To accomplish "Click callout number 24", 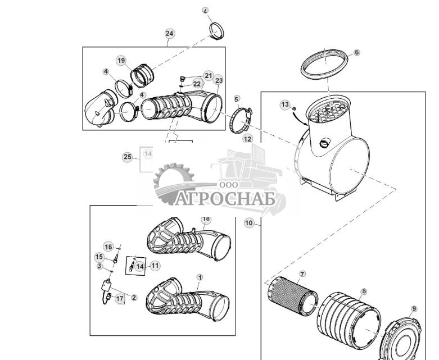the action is pyautogui.click(x=169, y=34).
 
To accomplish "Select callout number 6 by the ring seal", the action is pyautogui.click(x=356, y=53).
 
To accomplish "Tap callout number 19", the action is pyautogui.click(x=121, y=61).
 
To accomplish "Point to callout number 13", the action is pyautogui.click(x=285, y=104).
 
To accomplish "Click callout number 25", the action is pyautogui.click(x=128, y=157).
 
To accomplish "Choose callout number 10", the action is pyautogui.click(x=248, y=223).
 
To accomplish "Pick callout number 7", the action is pyautogui.click(x=302, y=274).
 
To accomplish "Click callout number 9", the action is pyautogui.click(x=414, y=309).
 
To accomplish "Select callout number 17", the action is pyautogui.click(x=120, y=298).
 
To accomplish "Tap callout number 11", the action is pyautogui.click(x=155, y=266).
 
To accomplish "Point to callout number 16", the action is pyautogui.click(x=108, y=247).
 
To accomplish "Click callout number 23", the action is pyautogui.click(x=219, y=80).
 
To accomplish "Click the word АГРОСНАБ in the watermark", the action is pyautogui.click(x=225, y=199).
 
